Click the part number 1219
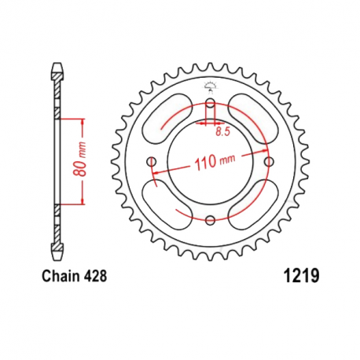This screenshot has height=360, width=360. point(299,276)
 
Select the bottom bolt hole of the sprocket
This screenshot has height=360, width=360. point(211,221)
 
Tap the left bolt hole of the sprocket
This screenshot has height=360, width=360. point(152,162)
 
